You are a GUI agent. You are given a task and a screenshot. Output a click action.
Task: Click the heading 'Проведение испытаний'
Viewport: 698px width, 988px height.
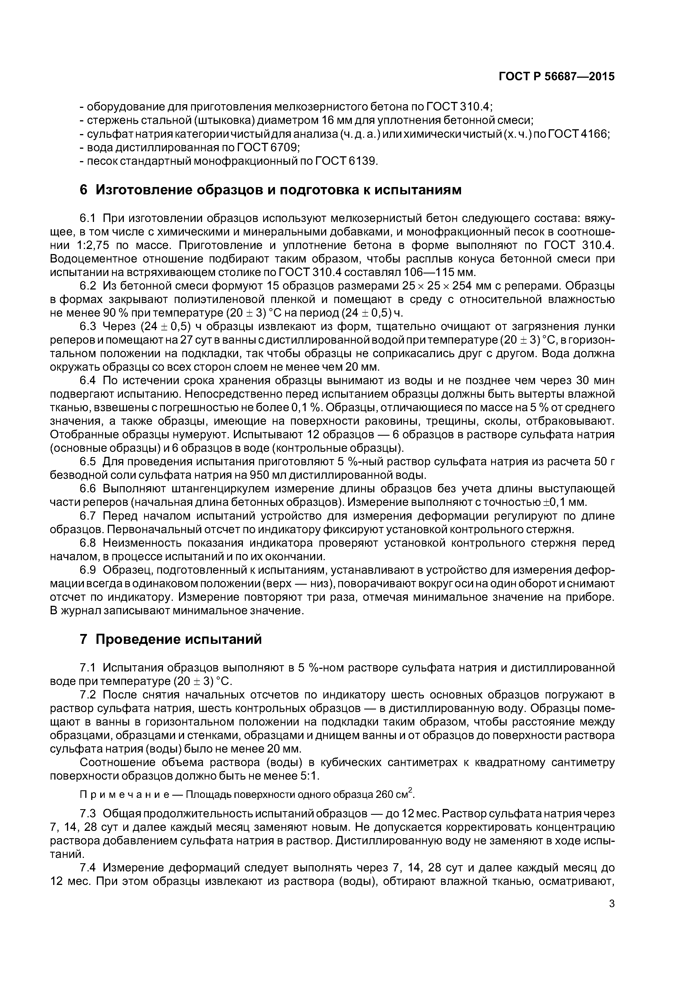pos(178,639)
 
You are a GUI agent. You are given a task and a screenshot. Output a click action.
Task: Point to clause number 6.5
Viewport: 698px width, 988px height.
pos(90,462)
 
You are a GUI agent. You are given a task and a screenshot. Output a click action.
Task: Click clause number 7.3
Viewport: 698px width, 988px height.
pos(90,814)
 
